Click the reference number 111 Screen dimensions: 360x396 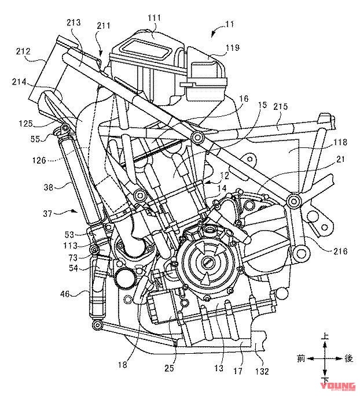[x=154, y=18]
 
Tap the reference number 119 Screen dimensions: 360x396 [x=232, y=47]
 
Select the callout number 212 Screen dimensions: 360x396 [x=23, y=51]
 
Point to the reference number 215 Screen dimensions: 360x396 [x=280, y=106]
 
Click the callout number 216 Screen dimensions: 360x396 [x=340, y=251]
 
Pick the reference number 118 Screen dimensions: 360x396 [x=340, y=142]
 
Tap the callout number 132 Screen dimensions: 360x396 [x=262, y=372]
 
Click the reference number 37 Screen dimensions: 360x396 [x=47, y=214]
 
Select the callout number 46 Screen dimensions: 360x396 [x=65, y=294]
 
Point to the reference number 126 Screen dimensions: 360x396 [x=39, y=160]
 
